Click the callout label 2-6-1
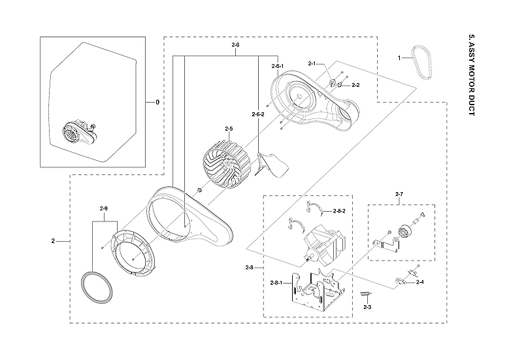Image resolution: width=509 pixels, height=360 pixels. pyautogui.click(x=278, y=67)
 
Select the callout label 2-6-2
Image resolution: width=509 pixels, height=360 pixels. pyautogui.click(x=258, y=114)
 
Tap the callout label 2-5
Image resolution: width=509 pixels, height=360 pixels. pyautogui.click(x=229, y=129)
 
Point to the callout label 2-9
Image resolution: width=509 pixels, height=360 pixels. pyautogui.click(x=103, y=208)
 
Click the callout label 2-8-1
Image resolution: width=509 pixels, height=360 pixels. pyautogui.click(x=277, y=282)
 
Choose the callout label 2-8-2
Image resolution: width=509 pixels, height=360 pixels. pyautogui.click(x=339, y=211)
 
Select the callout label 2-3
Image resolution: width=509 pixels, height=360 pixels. pyautogui.click(x=367, y=306)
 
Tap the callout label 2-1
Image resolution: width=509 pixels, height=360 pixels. pyautogui.click(x=312, y=63)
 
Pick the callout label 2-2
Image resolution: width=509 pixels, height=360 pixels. pyautogui.click(x=355, y=85)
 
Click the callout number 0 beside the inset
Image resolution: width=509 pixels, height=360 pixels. pyautogui.click(x=157, y=103)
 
